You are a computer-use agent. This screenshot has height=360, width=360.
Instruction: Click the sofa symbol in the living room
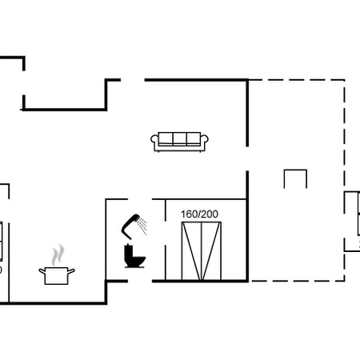pyautogui.click(x=179, y=142)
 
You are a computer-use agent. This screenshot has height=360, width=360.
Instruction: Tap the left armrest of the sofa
pyautogui.click(x=154, y=142)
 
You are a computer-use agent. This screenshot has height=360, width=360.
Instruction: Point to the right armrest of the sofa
pyautogui.click(x=204, y=142)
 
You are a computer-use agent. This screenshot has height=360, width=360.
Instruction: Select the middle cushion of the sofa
pyautogui.click(x=179, y=138)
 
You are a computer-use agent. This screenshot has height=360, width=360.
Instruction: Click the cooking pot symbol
pyautogui.click(x=57, y=275)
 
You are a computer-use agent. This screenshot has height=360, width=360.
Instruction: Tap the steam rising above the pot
pyautogui.click(x=58, y=255)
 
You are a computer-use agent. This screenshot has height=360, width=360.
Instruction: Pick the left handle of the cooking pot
pyautogui.click(x=42, y=271)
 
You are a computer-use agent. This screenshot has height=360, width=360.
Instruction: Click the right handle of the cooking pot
pyautogui.click(x=71, y=271)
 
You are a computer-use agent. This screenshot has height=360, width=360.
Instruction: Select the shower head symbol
pyautogui.click(x=130, y=226)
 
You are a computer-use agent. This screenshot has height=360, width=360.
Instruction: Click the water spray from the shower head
pyautogui.click(x=142, y=226)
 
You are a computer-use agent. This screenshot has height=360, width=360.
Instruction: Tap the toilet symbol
pyautogui.click(x=134, y=256)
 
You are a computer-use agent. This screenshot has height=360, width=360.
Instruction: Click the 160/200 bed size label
pyautogui.click(x=199, y=214)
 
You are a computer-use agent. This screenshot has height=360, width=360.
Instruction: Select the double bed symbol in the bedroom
pyautogui.click(x=202, y=251)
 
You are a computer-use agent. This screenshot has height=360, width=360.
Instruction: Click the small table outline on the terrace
pyautogui.click(x=295, y=170)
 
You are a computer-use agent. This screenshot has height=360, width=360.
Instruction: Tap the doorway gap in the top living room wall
pyautogui.click(x=133, y=80)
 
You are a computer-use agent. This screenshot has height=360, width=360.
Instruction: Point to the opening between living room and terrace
pyautogui.click(x=247, y=158)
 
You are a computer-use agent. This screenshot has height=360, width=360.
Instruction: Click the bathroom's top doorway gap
pyautogui.click(x=140, y=199)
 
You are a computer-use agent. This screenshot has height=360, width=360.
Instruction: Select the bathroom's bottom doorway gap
pyautogui.click(x=140, y=281)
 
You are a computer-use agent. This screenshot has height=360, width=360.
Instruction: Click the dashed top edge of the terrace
pyautogui.click(x=297, y=80)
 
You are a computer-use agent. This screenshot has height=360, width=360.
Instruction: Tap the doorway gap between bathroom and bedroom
pyautogui.click(x=166, y=233)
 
